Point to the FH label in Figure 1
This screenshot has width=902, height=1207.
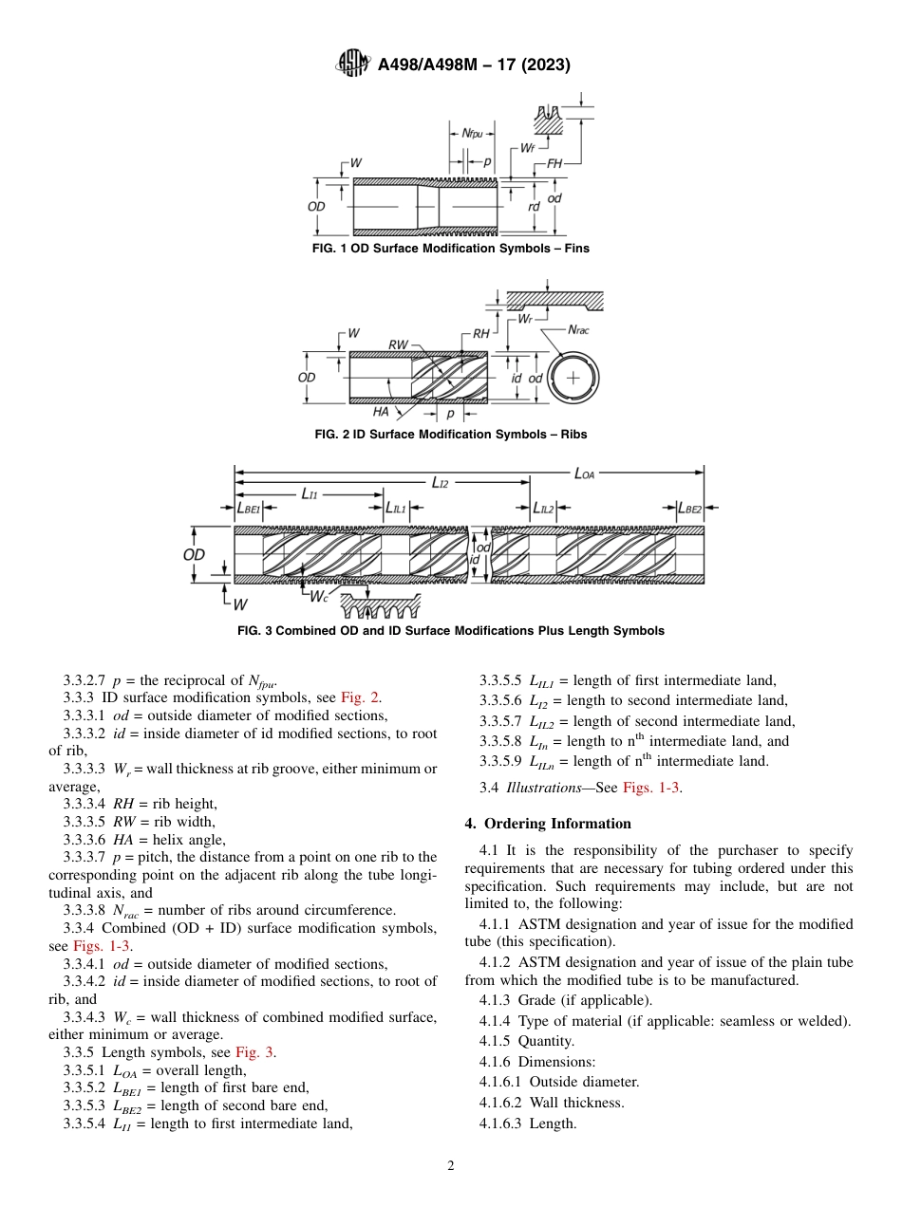(554, 164)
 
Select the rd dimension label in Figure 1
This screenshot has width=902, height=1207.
(534, 206)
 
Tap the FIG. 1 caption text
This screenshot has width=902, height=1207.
(450, 249)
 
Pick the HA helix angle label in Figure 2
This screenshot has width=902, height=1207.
(382, 412)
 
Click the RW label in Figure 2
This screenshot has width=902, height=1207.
(399, 344)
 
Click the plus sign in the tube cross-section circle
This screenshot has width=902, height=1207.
(573, 377)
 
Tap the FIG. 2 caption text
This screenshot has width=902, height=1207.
(450, 435)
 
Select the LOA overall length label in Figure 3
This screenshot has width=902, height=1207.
(585, 472)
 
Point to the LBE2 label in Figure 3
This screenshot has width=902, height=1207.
(689, 509)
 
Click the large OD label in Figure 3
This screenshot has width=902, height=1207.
(194, 554)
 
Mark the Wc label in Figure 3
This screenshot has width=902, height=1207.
(319, 596)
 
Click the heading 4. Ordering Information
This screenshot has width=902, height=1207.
(548, 824)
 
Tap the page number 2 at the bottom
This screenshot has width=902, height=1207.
(451, 1166)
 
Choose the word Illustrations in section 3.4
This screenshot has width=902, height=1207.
(539, 788)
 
